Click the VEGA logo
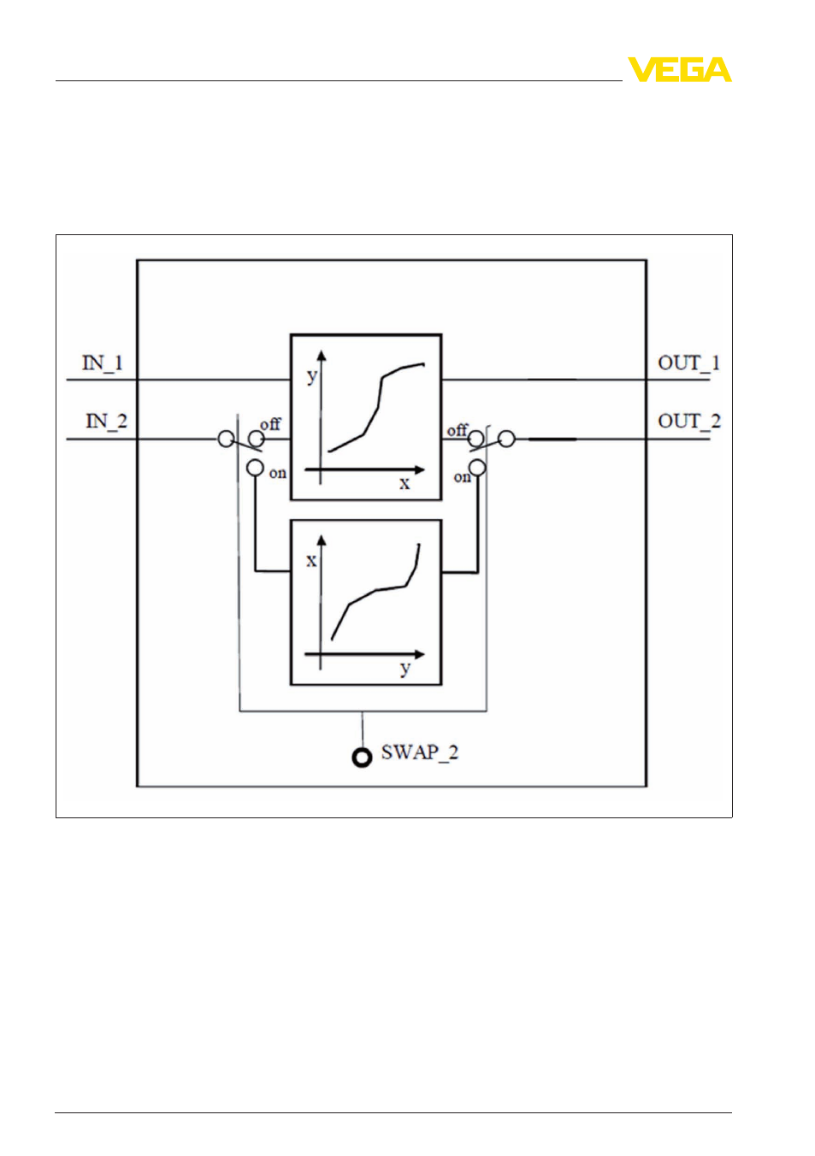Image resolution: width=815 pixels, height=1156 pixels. [679, 69]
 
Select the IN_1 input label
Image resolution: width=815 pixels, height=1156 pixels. [103, 363]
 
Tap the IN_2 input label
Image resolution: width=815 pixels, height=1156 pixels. [106, 422]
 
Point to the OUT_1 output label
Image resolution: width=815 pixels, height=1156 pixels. [688, 363]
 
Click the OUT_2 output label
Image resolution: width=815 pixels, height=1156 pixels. [689, 422]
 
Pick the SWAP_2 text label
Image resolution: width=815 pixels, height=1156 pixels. [420, 752]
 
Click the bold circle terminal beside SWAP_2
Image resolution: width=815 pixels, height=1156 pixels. [362, 758]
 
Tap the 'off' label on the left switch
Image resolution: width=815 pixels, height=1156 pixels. [270, 424]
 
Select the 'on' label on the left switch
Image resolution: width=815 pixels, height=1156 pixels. [277, 473]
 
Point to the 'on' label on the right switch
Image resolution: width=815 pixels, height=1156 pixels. [462, 477]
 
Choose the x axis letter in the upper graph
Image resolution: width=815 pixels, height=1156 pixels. [405, 483]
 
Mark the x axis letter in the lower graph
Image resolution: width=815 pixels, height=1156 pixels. [311, 560]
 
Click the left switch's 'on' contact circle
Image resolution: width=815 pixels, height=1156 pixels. [255, 468]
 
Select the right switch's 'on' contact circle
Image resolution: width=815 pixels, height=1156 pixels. [477, 468]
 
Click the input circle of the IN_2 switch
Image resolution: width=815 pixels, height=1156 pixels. [226, 439]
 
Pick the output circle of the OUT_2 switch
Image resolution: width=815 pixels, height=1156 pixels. [507, 439]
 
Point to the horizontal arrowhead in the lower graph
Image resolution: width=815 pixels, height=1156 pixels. [419, 654]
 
